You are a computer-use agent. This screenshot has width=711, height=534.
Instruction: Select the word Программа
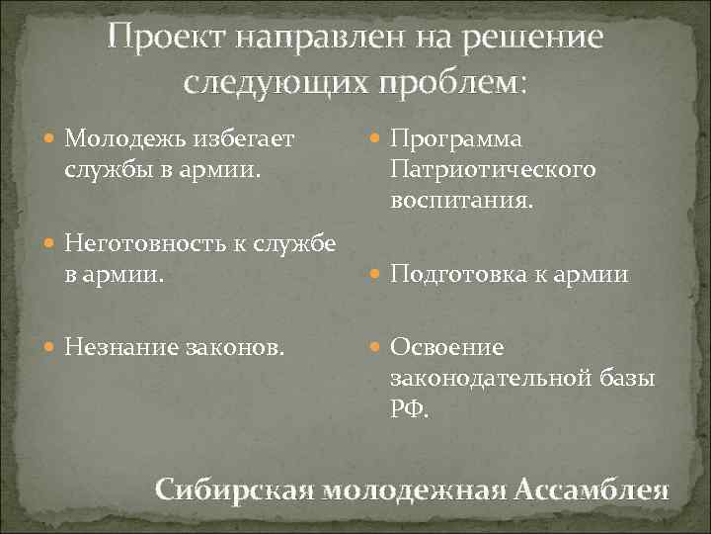[456, 139]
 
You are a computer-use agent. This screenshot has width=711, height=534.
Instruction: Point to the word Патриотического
[494, 169]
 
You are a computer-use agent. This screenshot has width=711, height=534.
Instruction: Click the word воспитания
[462, 200]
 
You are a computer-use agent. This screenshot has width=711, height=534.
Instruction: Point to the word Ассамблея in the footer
[591, 489]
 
